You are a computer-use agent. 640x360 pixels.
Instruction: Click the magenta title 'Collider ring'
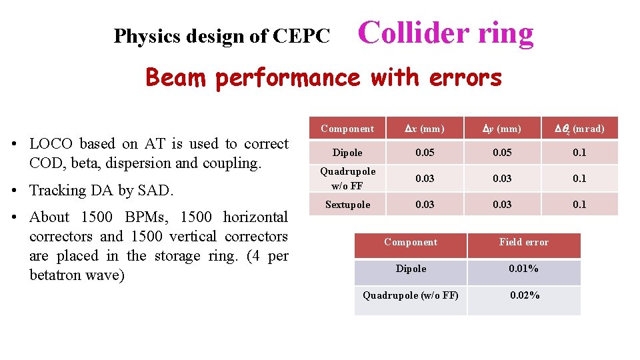coord(446,33)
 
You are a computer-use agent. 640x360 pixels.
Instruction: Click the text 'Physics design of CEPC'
coord(221,36)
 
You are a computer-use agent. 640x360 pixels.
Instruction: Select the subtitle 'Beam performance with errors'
coord(323,78)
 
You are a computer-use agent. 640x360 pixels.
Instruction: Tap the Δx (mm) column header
coord(425,129)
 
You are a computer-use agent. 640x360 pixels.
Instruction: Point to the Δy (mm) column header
coord(502,129)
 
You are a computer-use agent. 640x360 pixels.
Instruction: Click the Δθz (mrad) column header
coord(579,129)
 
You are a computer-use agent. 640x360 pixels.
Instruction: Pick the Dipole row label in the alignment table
coord(347,153)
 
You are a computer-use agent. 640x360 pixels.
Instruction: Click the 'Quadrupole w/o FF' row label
coord(347,178)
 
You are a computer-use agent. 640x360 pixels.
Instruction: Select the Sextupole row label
coord(347,205)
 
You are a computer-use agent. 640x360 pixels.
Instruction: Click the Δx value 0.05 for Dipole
coord(425,153)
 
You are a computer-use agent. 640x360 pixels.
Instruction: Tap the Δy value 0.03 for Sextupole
coord(502,205)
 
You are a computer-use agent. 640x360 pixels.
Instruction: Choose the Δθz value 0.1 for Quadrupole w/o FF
coord(579,178)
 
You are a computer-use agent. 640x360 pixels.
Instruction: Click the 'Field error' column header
coord(524,242)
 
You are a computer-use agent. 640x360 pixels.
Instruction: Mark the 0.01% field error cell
coord(524,269)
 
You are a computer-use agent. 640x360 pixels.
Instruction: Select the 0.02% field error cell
coord(524,295)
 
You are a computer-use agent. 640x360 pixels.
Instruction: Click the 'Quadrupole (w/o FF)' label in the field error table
coord(410,295)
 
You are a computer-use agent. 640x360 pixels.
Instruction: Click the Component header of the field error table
coord(410,242)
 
